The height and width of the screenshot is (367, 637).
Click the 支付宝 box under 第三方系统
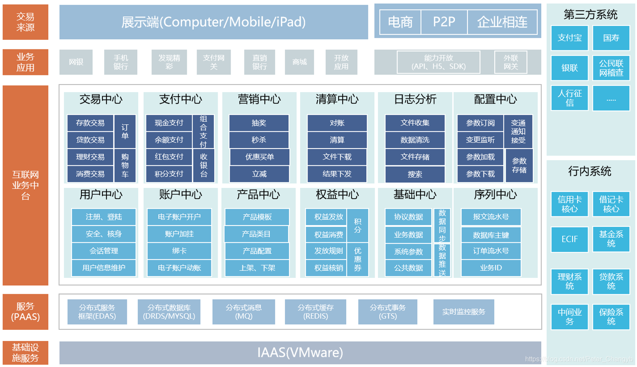pos(569,38)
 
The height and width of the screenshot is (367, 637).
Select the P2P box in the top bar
pos(444,22)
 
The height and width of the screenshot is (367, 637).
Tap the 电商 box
pos(400,22)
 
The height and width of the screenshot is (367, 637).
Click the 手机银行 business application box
pos(121,62)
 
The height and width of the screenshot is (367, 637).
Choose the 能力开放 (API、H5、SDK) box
pos(438,62)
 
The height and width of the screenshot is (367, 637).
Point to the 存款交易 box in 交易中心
pos(90,123)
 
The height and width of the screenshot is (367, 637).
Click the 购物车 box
pos(125,165)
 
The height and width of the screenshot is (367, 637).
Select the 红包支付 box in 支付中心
pos(169,157)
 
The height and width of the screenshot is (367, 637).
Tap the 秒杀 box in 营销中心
pos(259,140)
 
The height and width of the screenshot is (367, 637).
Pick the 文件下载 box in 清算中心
pos(337,157)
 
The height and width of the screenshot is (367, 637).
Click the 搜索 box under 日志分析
pos(414,174)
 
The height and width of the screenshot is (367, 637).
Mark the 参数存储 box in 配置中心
pos(519,165)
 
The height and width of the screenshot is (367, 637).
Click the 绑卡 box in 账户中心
pos(179,251)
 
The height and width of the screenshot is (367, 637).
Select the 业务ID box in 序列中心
pos(491,268)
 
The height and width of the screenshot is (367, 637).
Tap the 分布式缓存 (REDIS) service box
pos(315,312)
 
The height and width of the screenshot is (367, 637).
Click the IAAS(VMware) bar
pos(300,353)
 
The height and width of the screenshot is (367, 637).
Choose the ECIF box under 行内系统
pos(569,239)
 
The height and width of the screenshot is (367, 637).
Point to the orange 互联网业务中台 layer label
pos(25,185)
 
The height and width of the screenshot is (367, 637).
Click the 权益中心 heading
pos(337,195)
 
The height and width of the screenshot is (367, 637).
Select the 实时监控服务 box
pos(463,312)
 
